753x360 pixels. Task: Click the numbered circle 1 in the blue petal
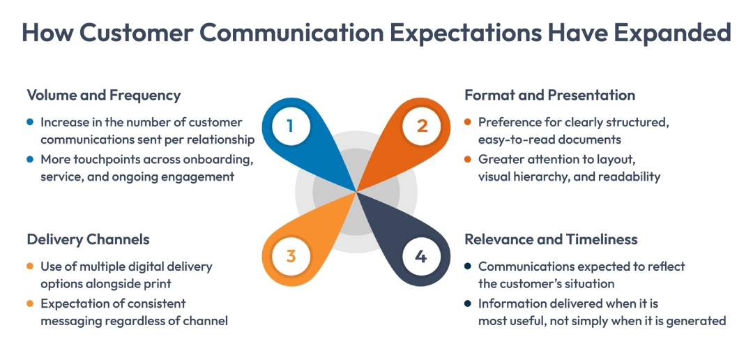pyautogui.click(x=291, y=126)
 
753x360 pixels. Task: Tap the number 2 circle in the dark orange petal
pyautogui.click(x=422, y=126)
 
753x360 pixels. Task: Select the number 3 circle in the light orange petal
pyautogui.click(x=291, y=255)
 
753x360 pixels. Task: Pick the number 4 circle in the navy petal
pyautogui.click(x=421, y=256)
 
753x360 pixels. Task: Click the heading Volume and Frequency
pyautogui.click(x=104, y=96)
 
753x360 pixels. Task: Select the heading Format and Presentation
pyautogui.click(x=550, y=96)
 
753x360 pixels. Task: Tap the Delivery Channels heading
pyautogui.click(x=88, y=240)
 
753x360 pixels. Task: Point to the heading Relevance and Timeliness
pyautogui.click(x=551, y=240)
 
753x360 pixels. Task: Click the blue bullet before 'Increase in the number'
pyautogui.click(x=30, y=122)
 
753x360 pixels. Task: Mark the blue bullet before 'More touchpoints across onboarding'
pyautogui.click(x=30, y=159)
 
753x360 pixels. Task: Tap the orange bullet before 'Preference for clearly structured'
pyautogui.click(x=468, y=122)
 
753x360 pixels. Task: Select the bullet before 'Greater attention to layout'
pyautogui.click(x=468, y=159)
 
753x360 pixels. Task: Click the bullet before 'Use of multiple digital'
pyautogui.click(x=30, y=267)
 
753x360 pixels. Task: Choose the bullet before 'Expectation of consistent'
pyautogui.click(x=30, y=303)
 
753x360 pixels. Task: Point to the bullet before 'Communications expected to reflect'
pyautogui.click(x=468, y=267)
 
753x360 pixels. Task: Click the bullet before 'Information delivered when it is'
pyautogui.click(x=468, y=303)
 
